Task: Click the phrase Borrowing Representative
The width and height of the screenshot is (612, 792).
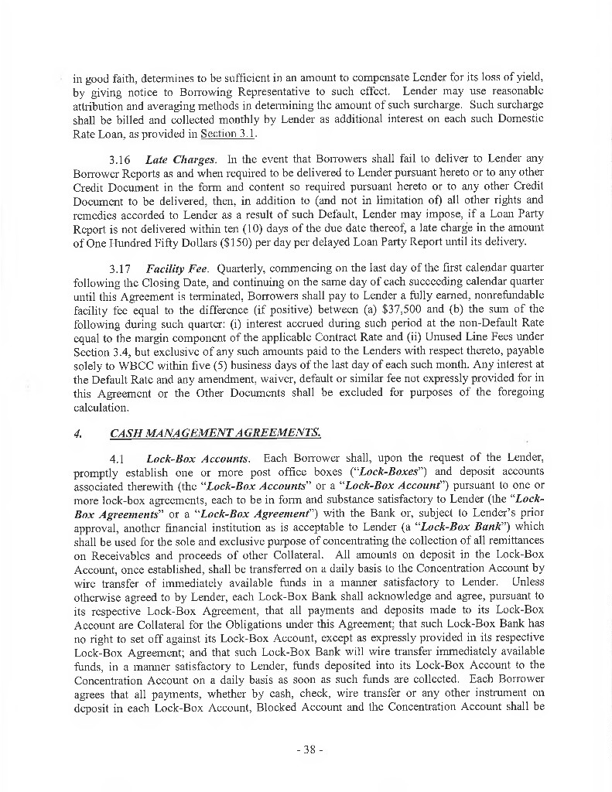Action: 217,91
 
